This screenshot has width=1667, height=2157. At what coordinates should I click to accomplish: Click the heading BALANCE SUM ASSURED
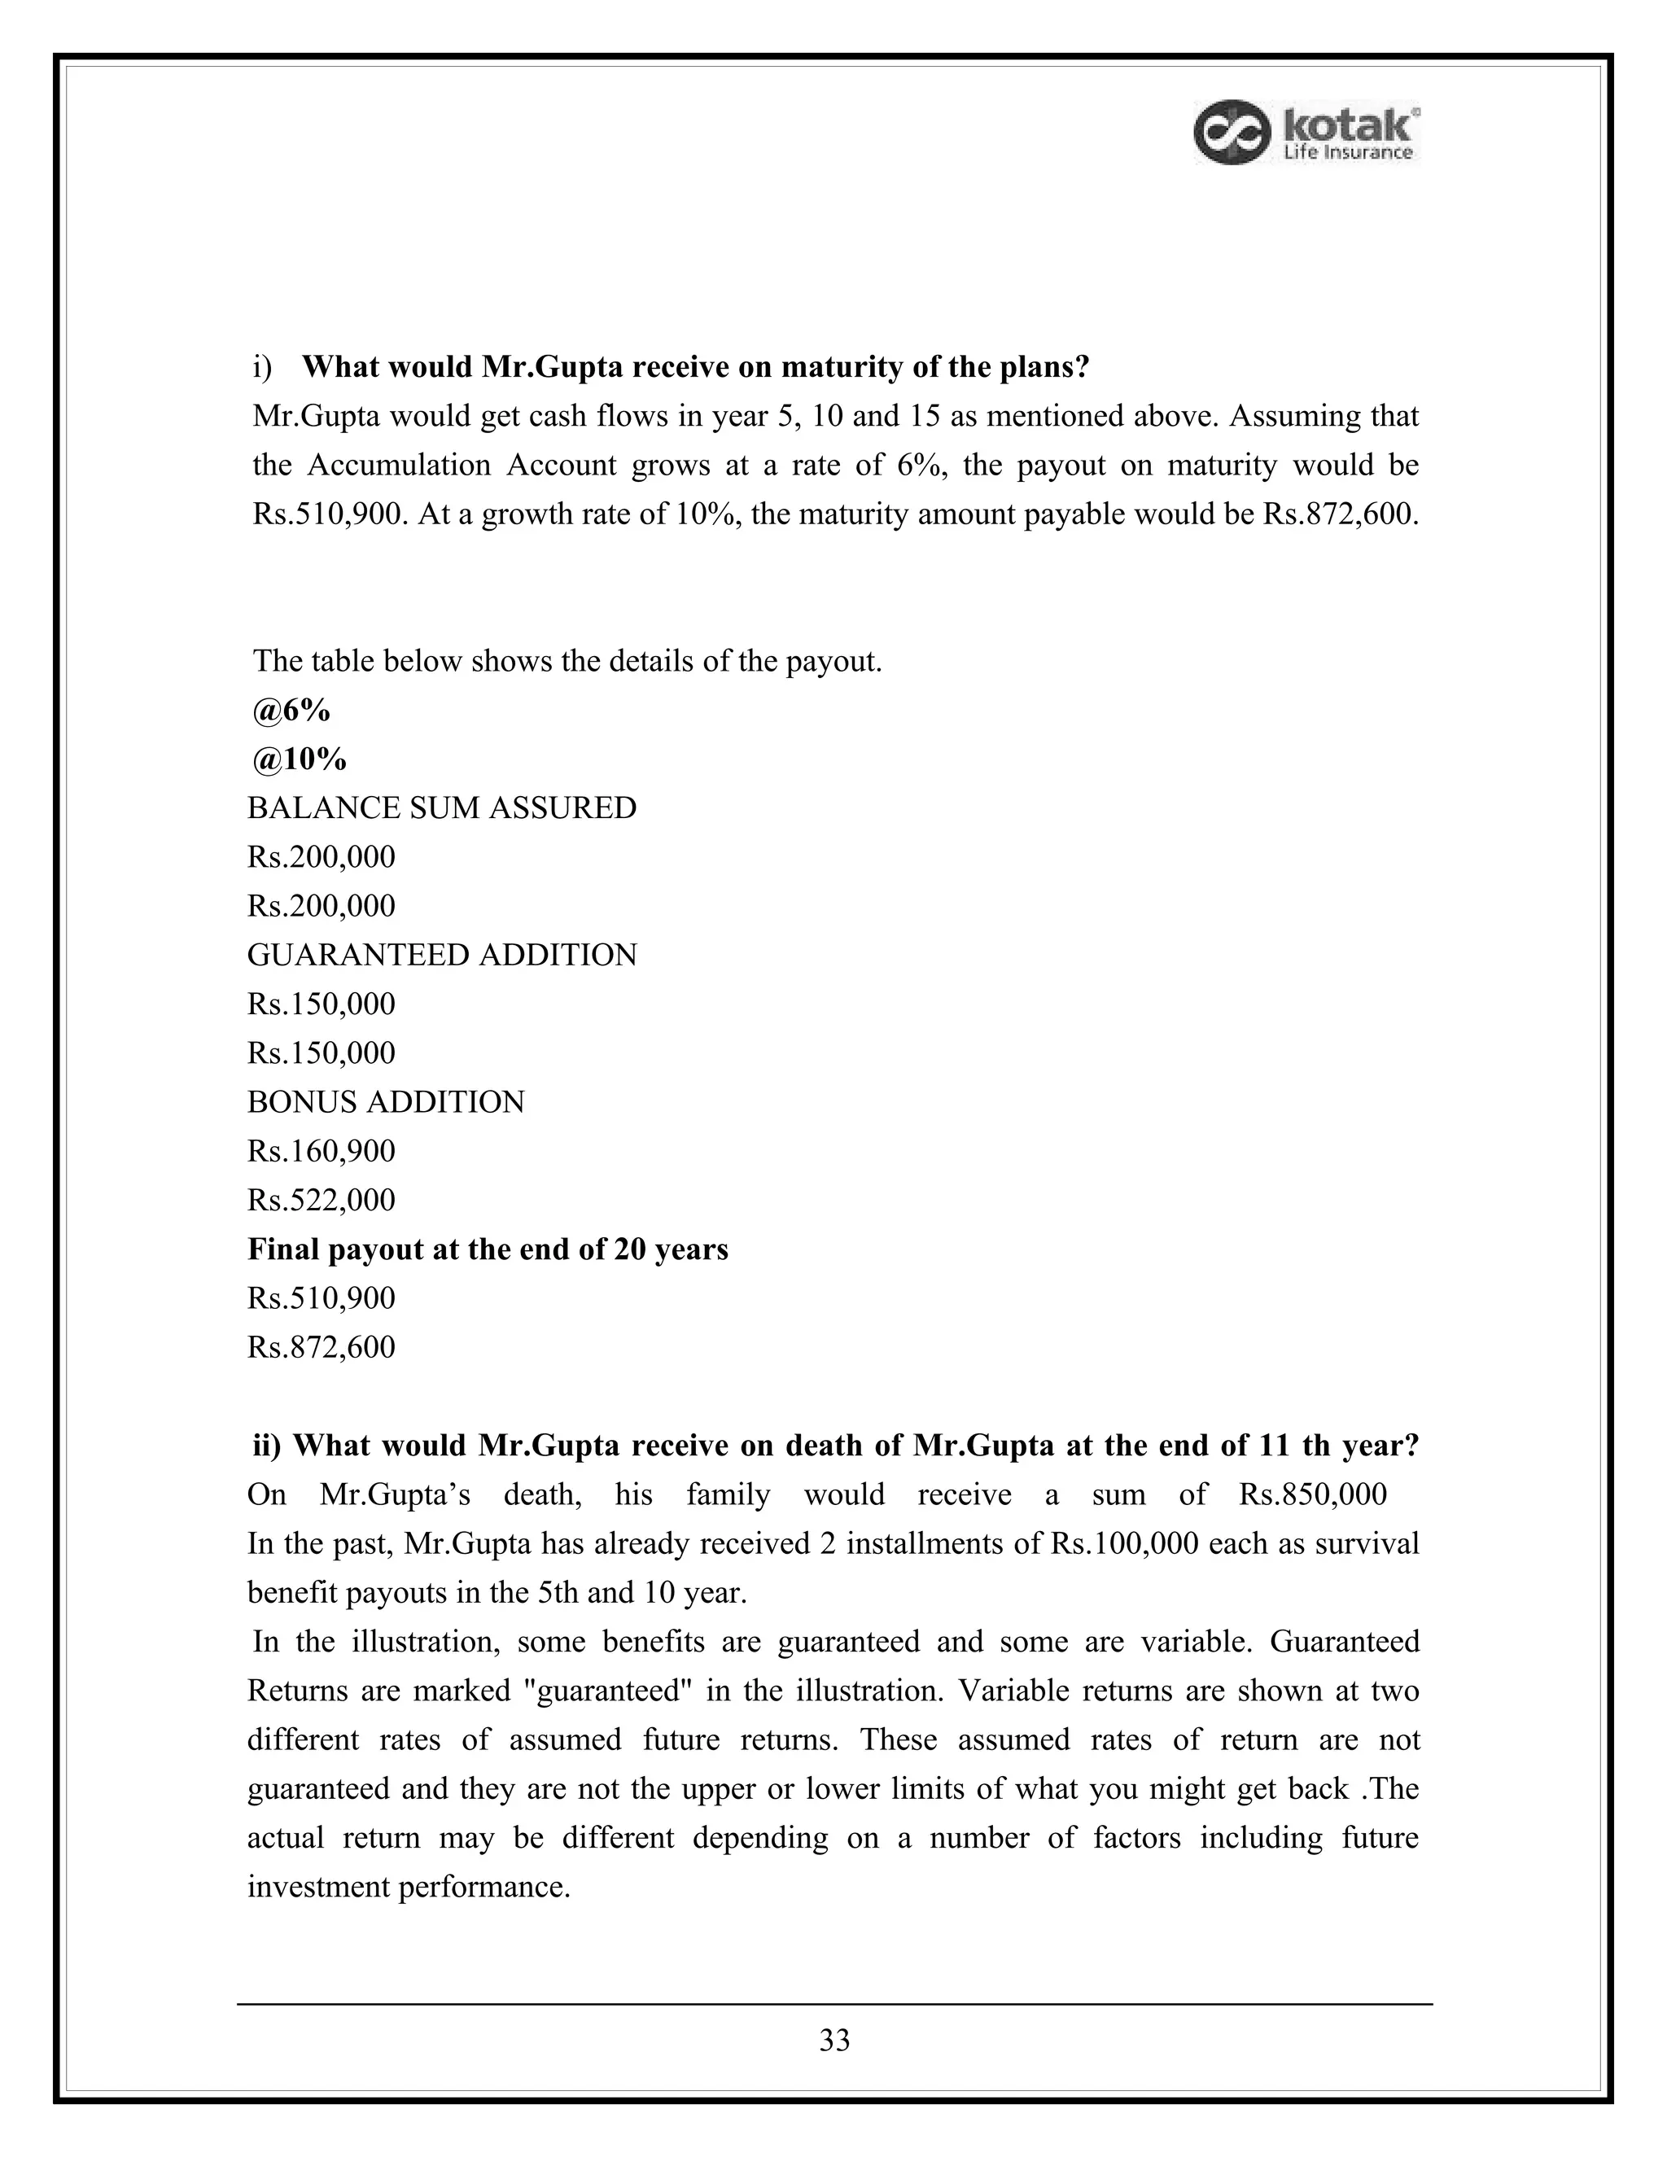tap(441, 808)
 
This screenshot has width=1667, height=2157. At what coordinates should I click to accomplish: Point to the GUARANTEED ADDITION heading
tap(441, 955)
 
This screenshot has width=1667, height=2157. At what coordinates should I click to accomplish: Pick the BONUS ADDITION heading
tap(385, 1102)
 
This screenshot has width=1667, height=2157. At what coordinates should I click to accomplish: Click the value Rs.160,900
tap(321, 1151)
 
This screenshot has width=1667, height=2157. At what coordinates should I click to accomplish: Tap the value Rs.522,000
tap(321, 1200)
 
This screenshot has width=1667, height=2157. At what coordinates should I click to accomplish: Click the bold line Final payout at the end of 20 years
tap(487, 1249)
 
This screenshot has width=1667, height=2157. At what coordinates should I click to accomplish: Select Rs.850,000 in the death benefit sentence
tap(1312, 1494)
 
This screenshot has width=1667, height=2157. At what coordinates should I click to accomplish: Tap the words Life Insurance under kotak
tap(1347, 152)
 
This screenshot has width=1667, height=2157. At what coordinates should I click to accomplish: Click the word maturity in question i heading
tap(833, 367)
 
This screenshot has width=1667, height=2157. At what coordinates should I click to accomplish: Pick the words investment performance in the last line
tap(408, 1888)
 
